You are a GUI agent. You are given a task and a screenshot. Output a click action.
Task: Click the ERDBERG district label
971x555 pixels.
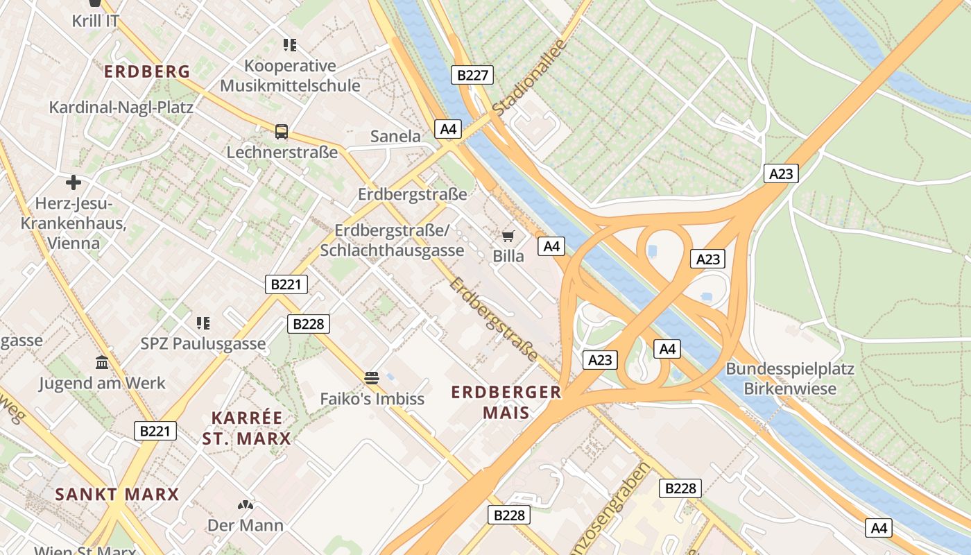(x=147, y=71)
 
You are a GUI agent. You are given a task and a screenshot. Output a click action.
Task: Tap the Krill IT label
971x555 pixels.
(x=96, y=21)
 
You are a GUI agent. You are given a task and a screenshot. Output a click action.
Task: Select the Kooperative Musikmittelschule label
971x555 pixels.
(x=290, y=76)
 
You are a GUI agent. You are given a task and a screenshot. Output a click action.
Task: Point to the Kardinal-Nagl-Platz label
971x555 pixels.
(x=121, y=108)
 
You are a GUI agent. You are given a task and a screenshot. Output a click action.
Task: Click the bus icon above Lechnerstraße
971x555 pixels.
(x=281, y=131)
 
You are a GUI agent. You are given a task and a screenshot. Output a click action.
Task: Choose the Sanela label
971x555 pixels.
(x=395, y=136)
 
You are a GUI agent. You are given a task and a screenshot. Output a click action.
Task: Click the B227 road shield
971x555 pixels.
(x=473, y=75)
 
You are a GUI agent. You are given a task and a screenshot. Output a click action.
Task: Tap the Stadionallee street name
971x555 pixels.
(x=530, y=77)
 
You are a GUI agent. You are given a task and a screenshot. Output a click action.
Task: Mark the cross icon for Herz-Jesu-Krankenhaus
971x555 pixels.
(x=74, y=182)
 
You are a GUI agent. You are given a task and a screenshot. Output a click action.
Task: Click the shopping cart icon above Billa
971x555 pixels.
(x=508, y=237)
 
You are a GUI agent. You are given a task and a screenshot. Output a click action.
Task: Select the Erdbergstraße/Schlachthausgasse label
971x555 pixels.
(x=393, y=240)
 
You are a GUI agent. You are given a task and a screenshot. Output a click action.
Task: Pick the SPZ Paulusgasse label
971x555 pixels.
(x=203, y=343)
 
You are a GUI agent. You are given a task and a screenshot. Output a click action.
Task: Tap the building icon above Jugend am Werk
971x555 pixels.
(x=102, y=362)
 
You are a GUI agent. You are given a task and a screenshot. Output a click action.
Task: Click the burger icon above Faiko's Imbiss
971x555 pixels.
(x=372, y=378)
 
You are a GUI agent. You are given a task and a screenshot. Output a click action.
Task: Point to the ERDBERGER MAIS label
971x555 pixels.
(x=506, y=402)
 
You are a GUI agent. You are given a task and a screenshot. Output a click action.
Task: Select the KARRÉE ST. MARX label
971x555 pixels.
(x=247, y=428)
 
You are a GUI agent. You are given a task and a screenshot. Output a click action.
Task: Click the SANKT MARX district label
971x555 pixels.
(x=117, y=495)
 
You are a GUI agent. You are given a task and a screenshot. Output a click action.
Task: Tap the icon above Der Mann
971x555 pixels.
(x=246, y=505)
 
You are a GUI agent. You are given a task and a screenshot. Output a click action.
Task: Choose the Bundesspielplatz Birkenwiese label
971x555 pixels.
(x=790, y=378)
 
